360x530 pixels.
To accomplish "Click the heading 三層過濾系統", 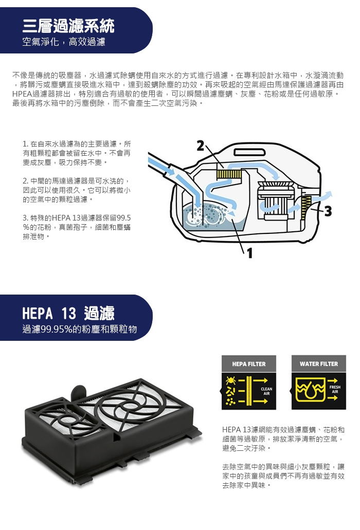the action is [x=68, y=26].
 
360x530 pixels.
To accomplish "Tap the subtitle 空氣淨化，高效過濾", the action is [x=64, y=42].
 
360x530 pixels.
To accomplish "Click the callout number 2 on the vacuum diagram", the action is [x=201, y=146].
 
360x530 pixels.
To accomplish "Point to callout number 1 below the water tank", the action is [x=250, y=253].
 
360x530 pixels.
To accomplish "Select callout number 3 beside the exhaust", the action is [x=328, y=211].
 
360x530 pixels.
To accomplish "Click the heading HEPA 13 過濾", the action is [x=68, y=314].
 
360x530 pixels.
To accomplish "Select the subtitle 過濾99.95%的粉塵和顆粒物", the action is [x=79, y=329].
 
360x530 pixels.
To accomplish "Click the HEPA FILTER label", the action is [x=249, y=364].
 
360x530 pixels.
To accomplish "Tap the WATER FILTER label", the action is [x=319, y=364].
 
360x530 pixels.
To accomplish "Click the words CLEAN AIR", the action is [x=266, y=391].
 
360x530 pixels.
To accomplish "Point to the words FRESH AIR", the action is [x=335, y=389].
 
